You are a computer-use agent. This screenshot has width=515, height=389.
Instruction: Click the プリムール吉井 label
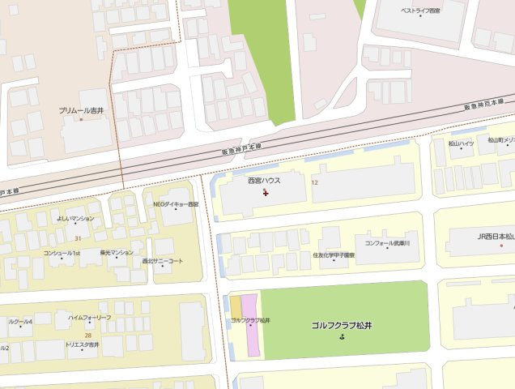tap(82, 109)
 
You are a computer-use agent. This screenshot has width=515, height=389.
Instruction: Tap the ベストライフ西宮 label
tap(420, 11)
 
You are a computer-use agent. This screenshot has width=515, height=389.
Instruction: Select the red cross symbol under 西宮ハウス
tap(266, 193)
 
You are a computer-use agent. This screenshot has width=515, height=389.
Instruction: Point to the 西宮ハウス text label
tap(265, 181)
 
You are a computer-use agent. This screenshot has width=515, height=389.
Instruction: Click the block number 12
tap(314, 183)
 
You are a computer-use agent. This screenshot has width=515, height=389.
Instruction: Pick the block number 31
tap(78, 238)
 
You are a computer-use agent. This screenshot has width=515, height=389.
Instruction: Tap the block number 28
tap(87, 334)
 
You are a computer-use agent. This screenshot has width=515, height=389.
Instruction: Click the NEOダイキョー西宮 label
tap(176, 204)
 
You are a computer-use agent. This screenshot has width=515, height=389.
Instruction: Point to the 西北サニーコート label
tap(163, 261)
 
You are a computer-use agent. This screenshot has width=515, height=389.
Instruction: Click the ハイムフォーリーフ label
tap(90, 317)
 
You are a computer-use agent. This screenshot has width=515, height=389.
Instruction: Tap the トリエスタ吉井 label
tap(82, 344)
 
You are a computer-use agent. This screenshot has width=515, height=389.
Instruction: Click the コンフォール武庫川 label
tap(387, 242)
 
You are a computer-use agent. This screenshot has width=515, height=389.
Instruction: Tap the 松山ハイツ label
tap(461, 143)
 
